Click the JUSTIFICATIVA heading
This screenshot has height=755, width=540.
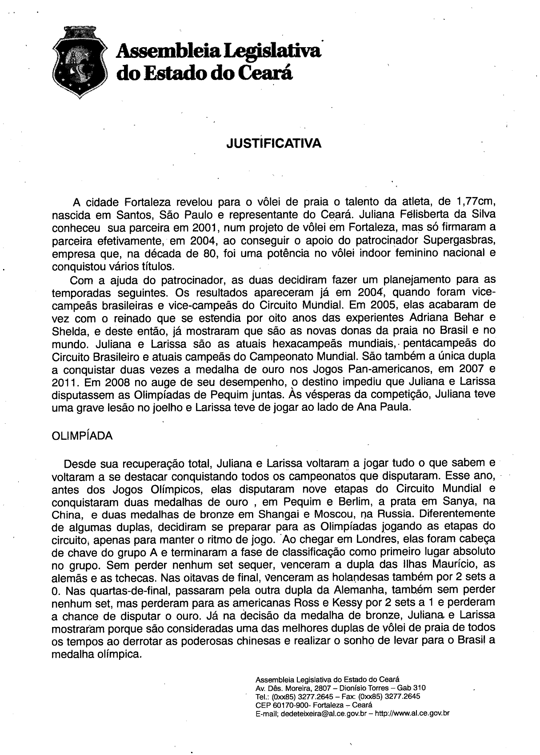tap(273, 144)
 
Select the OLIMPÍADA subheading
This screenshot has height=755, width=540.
tap(82, 436)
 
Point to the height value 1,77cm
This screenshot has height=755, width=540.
tap(476, 202)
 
